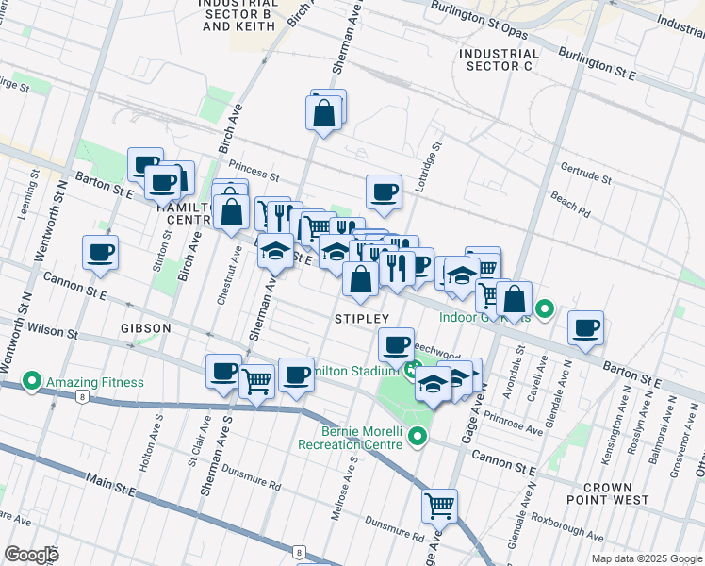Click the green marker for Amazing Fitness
coord(31,382)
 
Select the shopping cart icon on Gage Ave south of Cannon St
coord(439,507)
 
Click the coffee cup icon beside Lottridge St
coord(384,192)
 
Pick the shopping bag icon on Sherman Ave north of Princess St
coord(323,113)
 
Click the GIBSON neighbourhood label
coord(146,328)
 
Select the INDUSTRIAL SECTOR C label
coord(500,60)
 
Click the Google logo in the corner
coord(31,555)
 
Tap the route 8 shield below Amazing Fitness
coord(84,397)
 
